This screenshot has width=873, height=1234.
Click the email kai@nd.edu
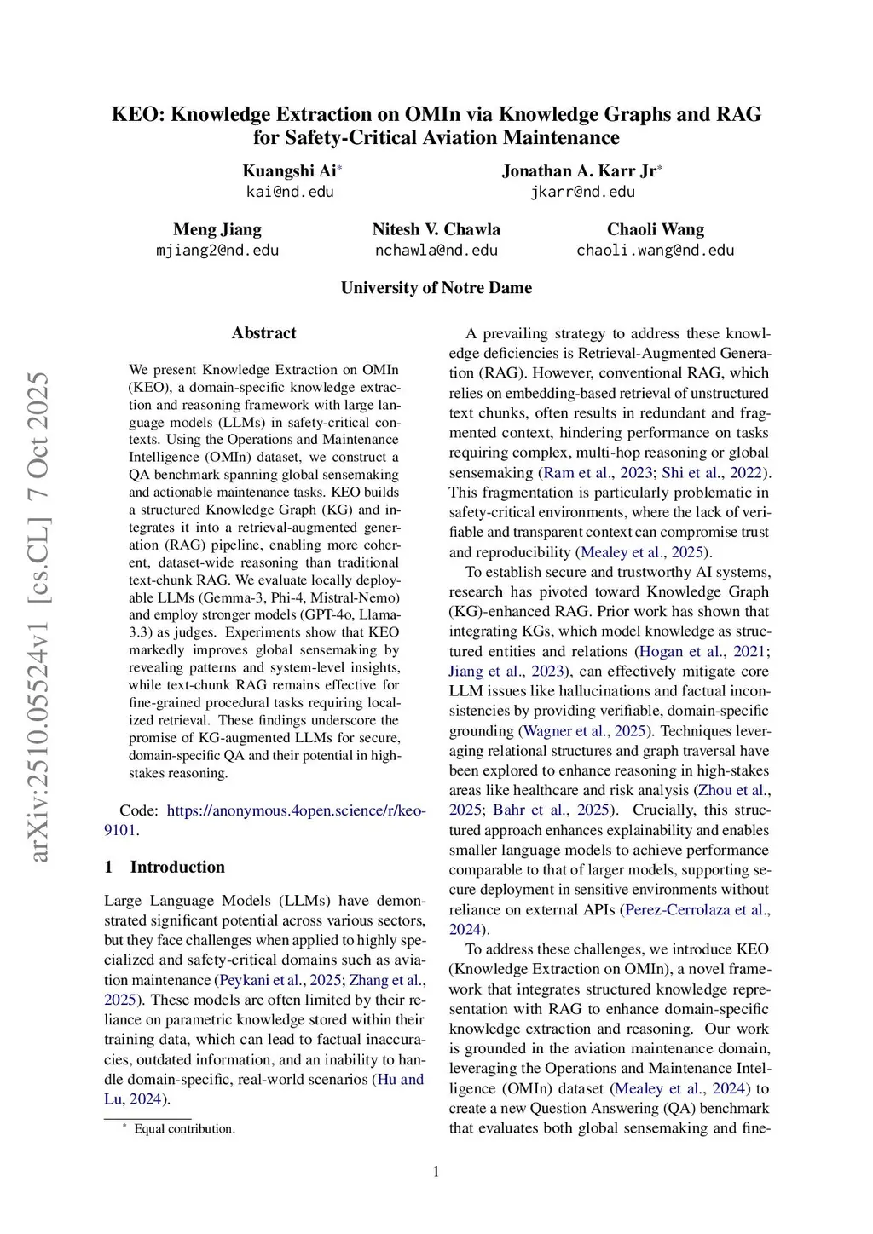coord(290,192)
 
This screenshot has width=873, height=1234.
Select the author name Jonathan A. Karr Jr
coord(580,170)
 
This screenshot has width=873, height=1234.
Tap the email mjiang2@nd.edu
coord(217,251)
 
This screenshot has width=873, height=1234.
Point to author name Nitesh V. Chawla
coord(436,229)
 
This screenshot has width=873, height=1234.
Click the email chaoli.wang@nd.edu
coord(655,251)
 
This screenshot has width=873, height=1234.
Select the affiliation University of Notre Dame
coord(436,288)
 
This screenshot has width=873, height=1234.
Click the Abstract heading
coord(264,333)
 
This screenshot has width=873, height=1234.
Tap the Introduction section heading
coord(177,868)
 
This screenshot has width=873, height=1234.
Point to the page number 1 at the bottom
coord(436,1172)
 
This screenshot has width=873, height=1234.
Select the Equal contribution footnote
coord(184,1129)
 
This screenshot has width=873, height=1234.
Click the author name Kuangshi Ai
coord(290,170)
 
